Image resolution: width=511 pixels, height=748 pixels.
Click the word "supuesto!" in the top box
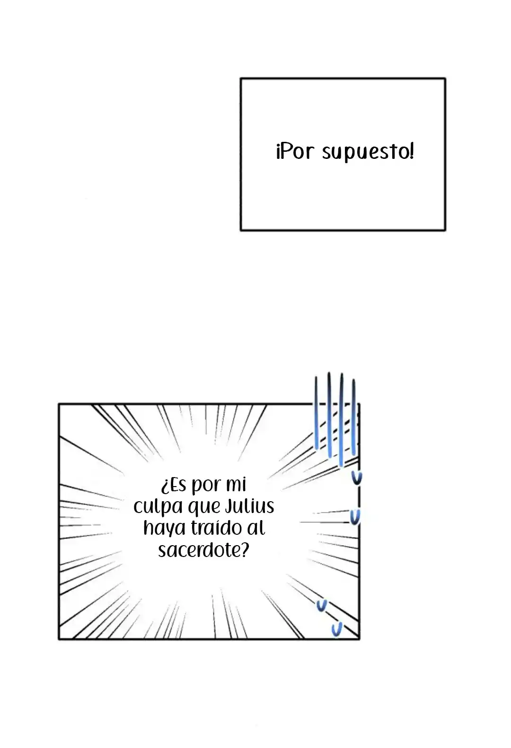click(368, 152)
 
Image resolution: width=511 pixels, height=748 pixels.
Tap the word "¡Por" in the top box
click(295, 151)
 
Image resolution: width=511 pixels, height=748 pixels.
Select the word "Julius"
click(249, 506)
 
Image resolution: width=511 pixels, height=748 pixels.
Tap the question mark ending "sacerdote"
click(245, 549)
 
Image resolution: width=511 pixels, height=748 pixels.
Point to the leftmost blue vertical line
click(316, 413)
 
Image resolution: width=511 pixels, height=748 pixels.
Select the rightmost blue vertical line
click(353, 417)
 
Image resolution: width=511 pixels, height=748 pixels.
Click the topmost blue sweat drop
click(357, 478)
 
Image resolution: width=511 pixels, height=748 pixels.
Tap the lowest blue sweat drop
click(337, 629)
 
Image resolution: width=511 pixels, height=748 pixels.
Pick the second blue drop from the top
click(355, 517)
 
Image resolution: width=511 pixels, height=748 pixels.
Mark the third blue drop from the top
click(322, 605)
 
